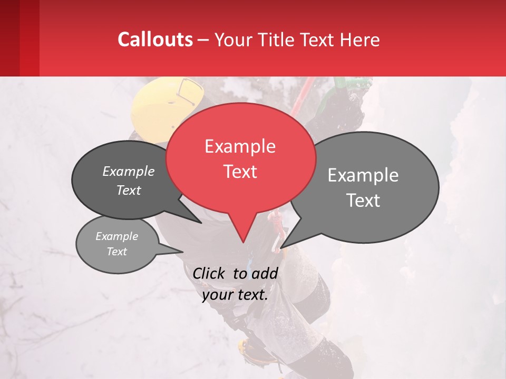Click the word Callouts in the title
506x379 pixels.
[x=155, y=39]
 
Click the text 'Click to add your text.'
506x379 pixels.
[x=235, y=284]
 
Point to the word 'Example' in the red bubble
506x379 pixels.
[x=240, y=146]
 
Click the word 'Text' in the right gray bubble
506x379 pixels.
[x=363, y=201]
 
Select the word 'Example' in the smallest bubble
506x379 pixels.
[x=117, y=236]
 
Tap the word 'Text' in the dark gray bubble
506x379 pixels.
[x=129, y=191]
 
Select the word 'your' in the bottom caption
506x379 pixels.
[x=218, y=295]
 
